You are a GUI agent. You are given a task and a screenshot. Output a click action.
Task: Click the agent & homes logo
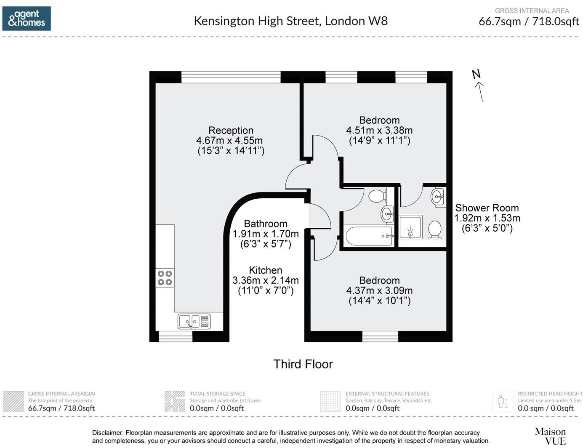27,19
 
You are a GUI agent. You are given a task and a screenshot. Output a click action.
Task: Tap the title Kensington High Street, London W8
290,21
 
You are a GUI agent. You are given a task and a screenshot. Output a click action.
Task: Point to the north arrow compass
479,86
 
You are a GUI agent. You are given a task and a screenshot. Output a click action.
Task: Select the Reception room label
231,131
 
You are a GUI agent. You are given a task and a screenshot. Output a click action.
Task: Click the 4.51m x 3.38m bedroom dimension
379,131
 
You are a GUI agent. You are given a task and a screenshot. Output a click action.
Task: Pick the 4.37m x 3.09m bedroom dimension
379,291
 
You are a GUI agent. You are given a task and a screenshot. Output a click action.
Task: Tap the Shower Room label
487,208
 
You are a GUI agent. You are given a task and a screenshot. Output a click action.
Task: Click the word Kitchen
265,270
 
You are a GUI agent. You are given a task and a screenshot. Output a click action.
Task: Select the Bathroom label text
265,224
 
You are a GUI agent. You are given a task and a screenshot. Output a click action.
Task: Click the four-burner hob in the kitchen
165,278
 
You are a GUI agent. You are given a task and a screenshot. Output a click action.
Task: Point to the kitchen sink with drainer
194,321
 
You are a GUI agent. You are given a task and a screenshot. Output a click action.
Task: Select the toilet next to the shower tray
434,229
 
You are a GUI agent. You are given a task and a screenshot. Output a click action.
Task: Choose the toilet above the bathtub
377,196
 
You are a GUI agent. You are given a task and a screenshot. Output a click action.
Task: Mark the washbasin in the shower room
438,197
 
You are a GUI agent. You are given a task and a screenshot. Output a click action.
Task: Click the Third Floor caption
303,364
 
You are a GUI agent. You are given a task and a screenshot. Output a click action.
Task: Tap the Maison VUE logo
550,436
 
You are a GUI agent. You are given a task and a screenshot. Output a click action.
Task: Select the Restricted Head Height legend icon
503,401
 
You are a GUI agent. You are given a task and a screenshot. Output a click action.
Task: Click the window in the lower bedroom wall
380,336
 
